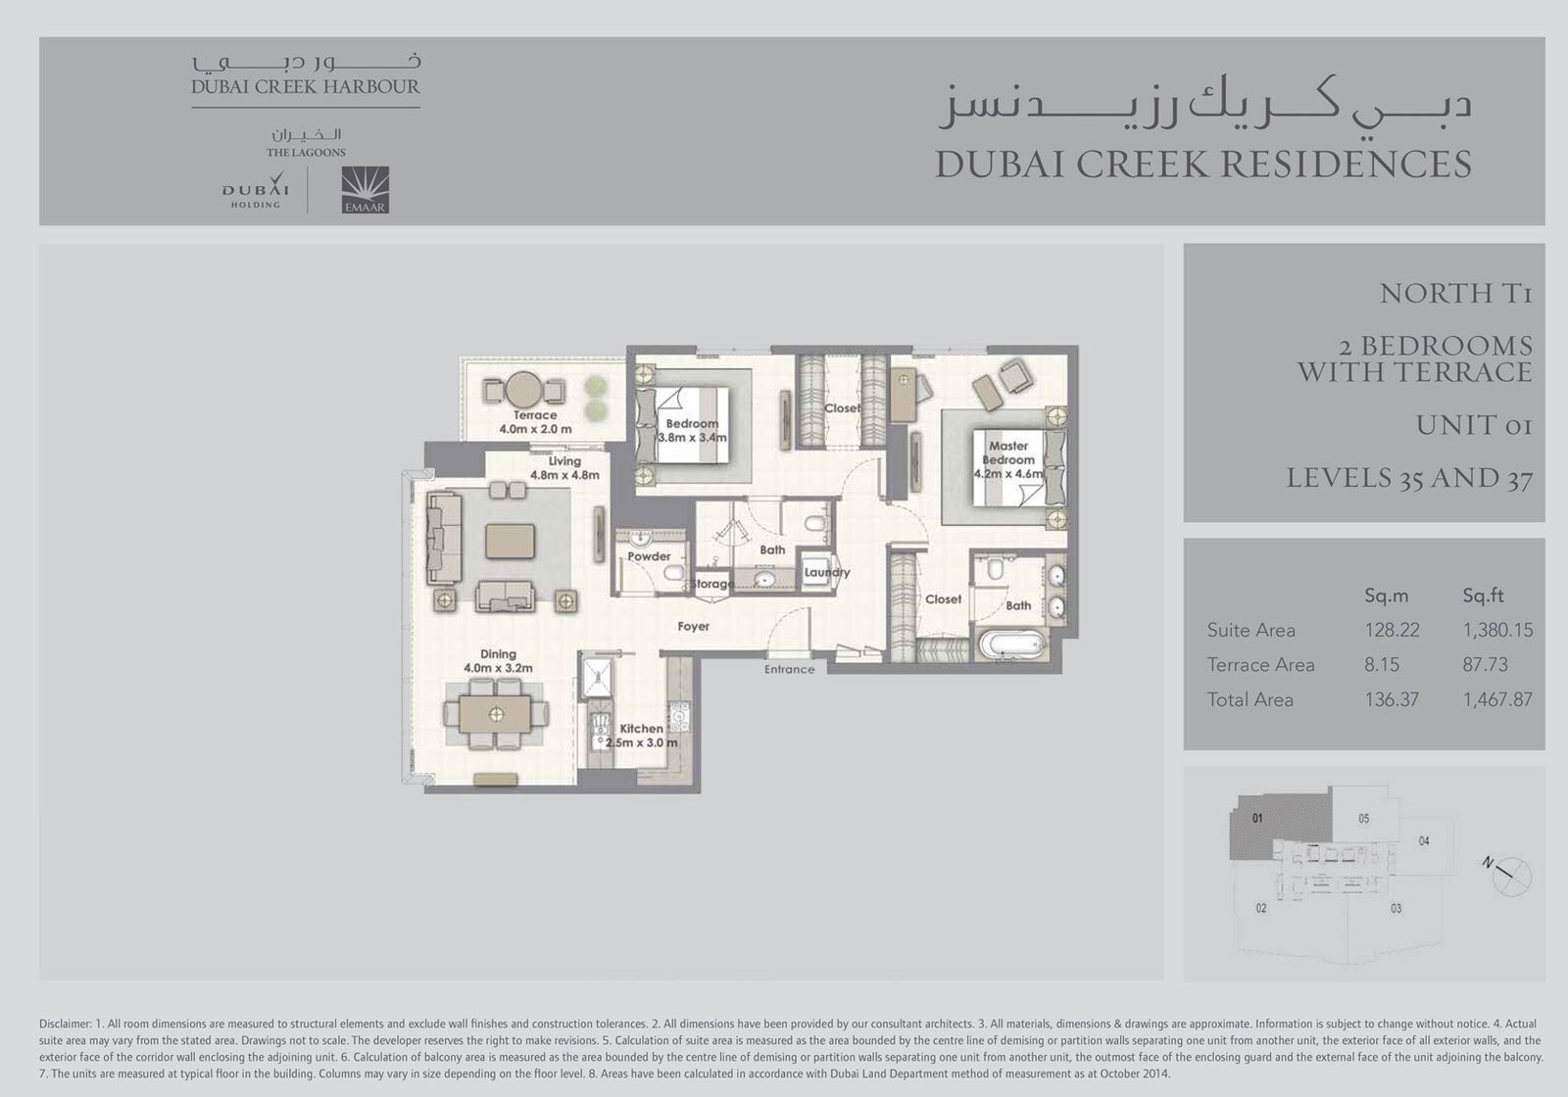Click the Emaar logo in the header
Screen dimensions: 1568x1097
click(x=365, y=190)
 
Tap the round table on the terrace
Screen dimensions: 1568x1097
click(x=523, y=390)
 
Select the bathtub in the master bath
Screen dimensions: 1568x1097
click(x=1013, y=644)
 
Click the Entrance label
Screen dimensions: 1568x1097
click(x=790, y=670)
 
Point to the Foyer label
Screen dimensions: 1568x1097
click(x=693, y=626)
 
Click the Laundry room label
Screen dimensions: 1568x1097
click(x=827, y=572)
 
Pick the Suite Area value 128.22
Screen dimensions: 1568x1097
click(x=1392, y=631)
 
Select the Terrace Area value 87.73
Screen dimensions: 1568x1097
click(x=1485, y=665)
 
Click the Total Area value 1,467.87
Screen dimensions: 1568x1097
click(x=1497, y=699)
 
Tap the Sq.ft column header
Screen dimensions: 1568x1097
click(x=1483, y=596)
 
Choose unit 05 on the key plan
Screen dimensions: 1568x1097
click(x=1363, y=819)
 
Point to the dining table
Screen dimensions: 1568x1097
click(x=496, y=714)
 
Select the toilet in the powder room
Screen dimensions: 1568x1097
click(x=673, y=574)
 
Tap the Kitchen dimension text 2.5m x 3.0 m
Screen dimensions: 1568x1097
click(x=641, y=743)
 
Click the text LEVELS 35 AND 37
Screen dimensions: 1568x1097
click(x=1409, y=479)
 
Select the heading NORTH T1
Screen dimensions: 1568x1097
click(x=1456, y=294)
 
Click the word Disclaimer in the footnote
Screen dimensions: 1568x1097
click(x=65, y=1024)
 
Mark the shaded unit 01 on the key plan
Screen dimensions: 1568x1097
click(x=1280, y=828)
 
